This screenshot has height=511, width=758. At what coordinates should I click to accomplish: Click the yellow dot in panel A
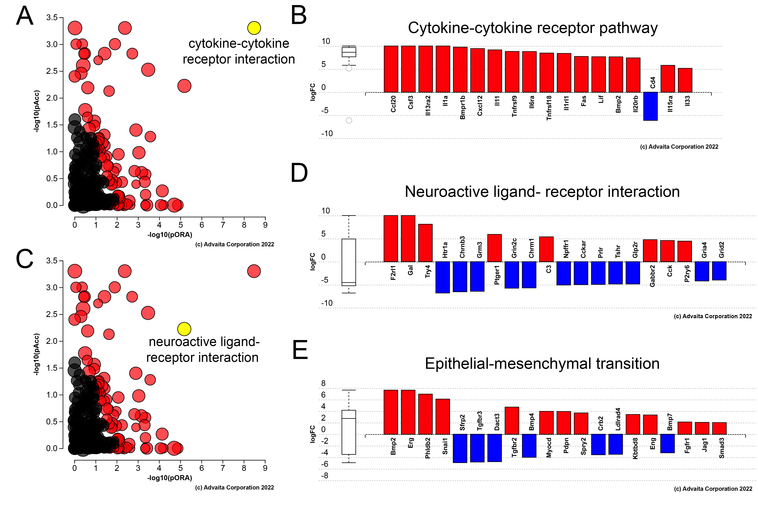(254, 28)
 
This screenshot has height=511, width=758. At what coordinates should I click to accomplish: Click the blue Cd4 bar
(650, 106)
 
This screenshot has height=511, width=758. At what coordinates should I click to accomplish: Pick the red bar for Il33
(685, 80)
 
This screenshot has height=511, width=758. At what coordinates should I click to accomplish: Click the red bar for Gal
(408, 239)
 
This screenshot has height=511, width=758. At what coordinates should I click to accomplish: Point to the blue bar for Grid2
(719, 271)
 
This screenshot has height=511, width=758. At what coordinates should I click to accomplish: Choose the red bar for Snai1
(442, 417)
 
